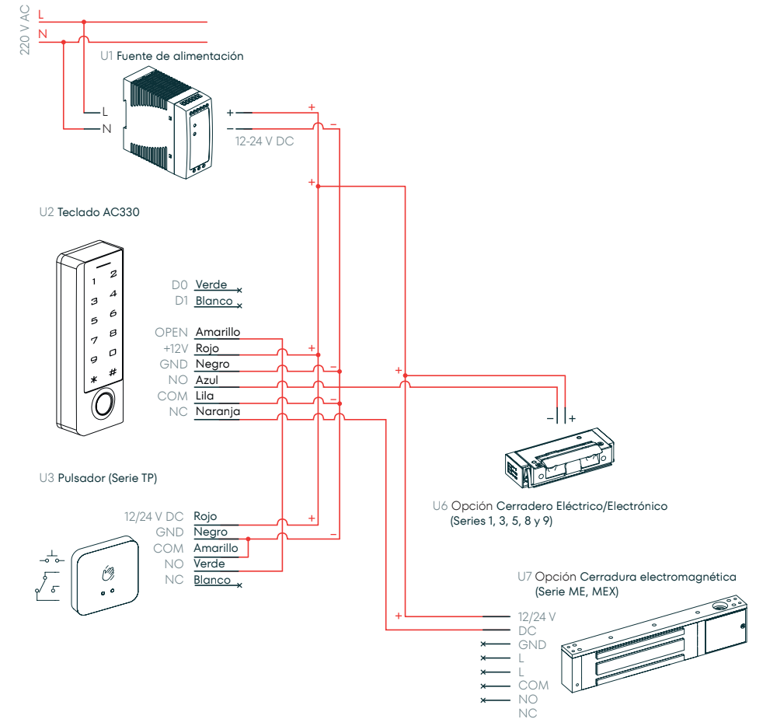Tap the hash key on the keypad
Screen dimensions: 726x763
(x=113, y=372)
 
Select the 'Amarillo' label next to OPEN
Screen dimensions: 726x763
(x=218, y=332)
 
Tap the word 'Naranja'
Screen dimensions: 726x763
(x=218, y=412)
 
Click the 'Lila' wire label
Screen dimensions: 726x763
(x=205, y=396)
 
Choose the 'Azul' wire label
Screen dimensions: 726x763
(x=207, y=380)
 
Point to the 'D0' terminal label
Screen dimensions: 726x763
(x=179, y=285)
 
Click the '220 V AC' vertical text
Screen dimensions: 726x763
(x=24, y=30)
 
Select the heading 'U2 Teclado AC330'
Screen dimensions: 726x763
(x=89, y=211)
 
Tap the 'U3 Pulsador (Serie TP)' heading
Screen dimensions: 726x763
(x=98, y=478)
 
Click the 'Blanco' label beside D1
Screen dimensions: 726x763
(x=214, y=301)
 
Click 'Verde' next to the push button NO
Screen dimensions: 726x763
(x=209, y=564)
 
